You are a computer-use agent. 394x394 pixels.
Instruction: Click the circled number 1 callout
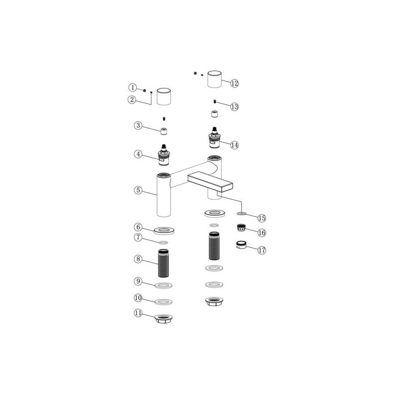click(132, 88)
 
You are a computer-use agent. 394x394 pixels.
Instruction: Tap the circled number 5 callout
click(138, 190)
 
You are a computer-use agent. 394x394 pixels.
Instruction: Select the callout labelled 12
click(235, 83)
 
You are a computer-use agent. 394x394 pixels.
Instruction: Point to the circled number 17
click(262, 250)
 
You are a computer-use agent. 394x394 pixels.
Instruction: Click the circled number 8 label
click(138, 259)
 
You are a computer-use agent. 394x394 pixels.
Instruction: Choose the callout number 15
click(262, 218)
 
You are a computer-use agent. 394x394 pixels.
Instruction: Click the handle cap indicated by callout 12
click(214, 79)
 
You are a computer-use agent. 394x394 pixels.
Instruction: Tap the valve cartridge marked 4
click(164, 155)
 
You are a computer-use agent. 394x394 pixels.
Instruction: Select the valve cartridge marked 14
click(214, 138)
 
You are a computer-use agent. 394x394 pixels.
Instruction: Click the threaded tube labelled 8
click(164, 263)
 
